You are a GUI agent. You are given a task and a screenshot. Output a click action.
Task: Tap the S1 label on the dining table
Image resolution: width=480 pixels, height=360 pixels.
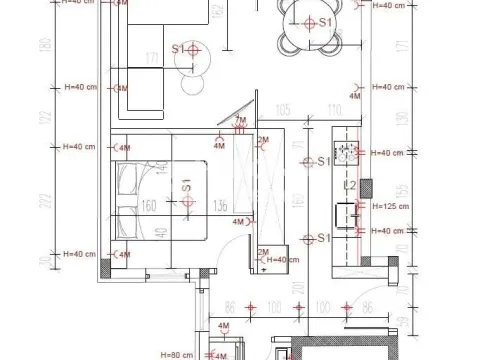pos(324,21)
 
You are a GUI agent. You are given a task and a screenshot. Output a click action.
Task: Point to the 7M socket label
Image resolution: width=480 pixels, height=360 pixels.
pos(239,120)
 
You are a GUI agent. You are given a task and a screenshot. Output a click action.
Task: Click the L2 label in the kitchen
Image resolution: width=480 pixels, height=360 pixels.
pos(351,186)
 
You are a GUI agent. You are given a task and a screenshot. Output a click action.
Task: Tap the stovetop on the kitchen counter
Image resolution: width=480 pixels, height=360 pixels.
pos(346,153)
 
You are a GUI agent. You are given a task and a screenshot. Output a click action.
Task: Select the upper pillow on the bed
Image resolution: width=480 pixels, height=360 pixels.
pos(130,178)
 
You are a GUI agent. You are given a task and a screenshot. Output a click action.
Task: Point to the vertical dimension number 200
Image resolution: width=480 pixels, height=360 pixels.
pos(298,290)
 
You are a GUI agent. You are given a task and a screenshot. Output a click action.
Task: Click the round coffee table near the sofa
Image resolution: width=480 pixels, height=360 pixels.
pos(190,60)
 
